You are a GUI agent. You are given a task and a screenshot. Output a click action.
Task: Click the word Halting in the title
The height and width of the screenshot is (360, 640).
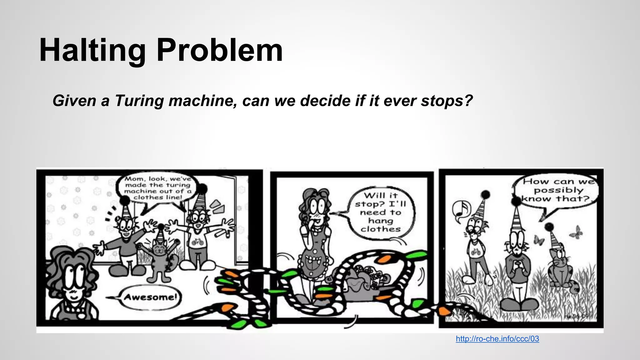(x=92, y=50)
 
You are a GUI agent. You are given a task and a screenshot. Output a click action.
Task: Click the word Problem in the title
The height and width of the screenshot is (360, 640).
(x=220, y=50)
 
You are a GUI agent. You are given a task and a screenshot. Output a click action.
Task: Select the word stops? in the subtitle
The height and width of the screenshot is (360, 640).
(x=447, y=101)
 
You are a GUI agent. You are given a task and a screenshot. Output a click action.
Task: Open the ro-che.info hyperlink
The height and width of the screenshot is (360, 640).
(x=497, y=339)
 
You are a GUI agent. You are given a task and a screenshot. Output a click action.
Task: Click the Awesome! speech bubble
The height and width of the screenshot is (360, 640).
(x=150, y=297)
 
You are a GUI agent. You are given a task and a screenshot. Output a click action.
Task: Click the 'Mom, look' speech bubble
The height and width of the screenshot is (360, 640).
(x=158, y=188)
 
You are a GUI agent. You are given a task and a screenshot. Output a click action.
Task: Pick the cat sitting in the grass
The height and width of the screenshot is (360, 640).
(x=561, y=269)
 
